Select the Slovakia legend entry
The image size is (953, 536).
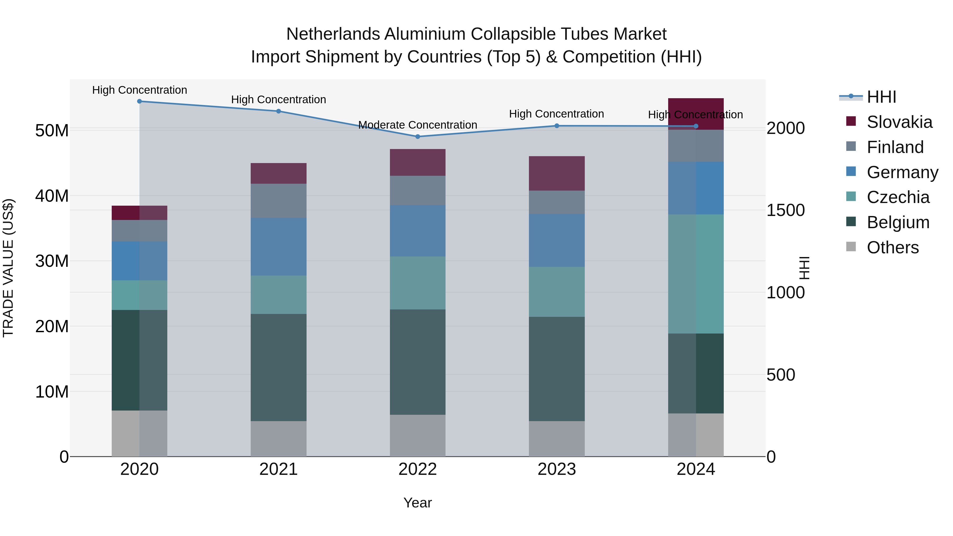(x=899, y=122)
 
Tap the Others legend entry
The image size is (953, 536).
(x=892, y=247)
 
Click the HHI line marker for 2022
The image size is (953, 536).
(x=418, y=137)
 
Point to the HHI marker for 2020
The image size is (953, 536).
(x=140, y=101)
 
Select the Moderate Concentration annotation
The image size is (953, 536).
(x=418, y=125)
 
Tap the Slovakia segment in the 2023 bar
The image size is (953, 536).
(x=557, y=173)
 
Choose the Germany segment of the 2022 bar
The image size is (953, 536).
(x=418, y=231)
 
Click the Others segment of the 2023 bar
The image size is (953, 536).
(x=557, y=438)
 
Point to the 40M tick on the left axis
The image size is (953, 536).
(x=52, y=196)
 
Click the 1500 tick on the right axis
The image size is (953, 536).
(x=785, y=210)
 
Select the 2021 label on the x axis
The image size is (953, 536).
(x=278, y=469)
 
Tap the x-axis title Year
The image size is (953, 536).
(x=418, y=503)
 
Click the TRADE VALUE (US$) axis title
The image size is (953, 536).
(x=8, y=268)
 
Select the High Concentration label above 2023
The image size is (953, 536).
(x=556, y=114)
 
